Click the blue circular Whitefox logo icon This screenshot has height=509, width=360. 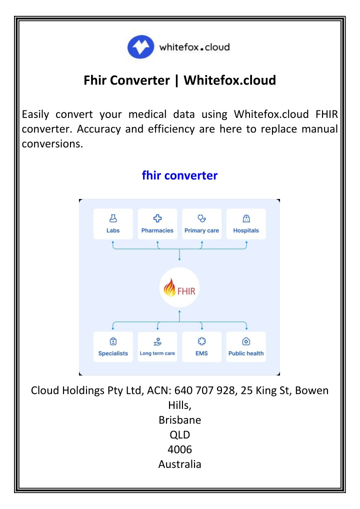coord(140,46)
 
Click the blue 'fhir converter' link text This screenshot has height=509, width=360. coord(179,175)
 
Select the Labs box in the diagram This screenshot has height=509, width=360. coord(113,224)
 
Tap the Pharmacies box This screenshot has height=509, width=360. coord(157,224)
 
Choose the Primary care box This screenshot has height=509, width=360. coord(201,224)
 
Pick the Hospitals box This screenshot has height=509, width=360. coord(246,224)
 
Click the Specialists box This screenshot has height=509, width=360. coord(113,346)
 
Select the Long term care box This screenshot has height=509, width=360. coord(157,346)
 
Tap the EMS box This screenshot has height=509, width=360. coord(201,346)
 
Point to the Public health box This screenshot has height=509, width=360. coord(246,346)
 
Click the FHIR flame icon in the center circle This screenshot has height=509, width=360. coord(169,287)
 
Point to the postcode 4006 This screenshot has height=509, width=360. coord(179,449)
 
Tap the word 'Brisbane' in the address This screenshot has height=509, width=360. coord(179,420)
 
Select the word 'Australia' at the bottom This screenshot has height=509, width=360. coord(179,464)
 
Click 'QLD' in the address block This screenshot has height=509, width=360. coord(179,434)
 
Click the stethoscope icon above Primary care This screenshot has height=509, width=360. coord(201,218)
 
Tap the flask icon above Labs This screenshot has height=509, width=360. coord(113,218)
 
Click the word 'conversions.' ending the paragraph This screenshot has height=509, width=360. coord(52,144)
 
